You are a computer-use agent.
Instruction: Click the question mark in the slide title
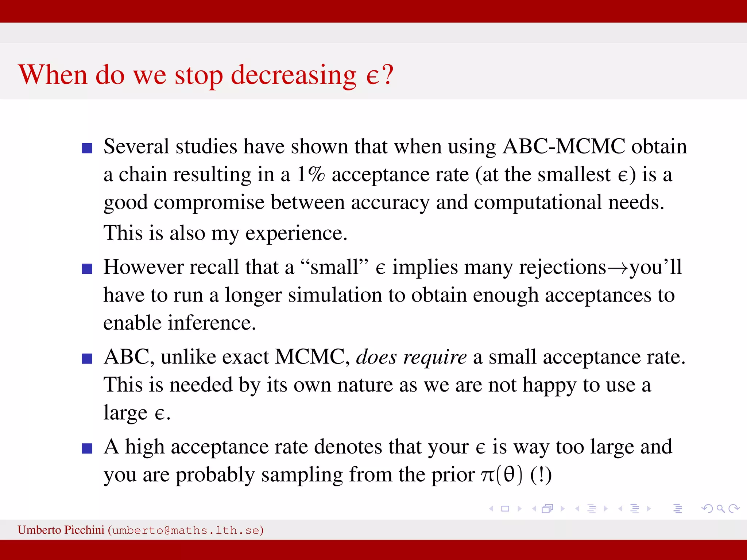point(387,74)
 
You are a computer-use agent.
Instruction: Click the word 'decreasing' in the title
point(294,75)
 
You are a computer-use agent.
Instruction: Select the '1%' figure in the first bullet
point(310,174)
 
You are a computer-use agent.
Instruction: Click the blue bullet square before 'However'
point(87,269)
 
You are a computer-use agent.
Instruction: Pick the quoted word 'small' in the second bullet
point(334,267)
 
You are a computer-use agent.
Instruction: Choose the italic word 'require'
point(435,357)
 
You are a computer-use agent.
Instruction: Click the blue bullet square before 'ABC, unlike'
point(87,359)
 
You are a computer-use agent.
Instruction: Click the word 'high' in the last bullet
point(144,447)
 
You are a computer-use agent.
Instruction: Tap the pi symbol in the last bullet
point(487,475)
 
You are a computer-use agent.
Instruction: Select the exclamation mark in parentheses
point(541,475)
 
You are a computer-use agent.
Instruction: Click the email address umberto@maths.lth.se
point(186,530)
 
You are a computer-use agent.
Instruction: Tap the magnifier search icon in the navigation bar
point(720,509)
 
